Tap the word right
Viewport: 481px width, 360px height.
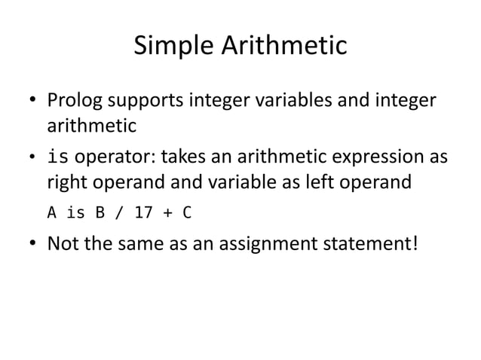[66, 182]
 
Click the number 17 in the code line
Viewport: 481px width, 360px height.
[142, 212]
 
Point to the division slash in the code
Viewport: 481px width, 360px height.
[120, 212]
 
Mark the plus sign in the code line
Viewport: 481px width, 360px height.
[167, 212]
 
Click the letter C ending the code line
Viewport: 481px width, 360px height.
[186, 212]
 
